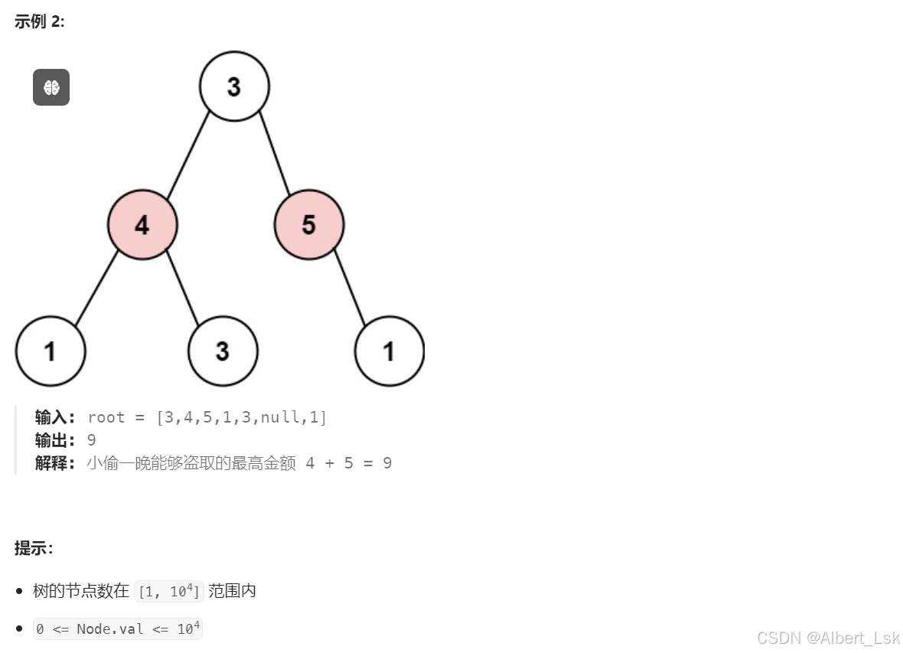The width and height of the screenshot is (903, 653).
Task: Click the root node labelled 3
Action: coord(234,87)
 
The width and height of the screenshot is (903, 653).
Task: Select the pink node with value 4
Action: coord(142,224)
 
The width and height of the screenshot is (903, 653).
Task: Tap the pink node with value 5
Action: coord(308,224)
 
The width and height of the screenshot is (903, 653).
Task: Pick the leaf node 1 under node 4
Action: coord(50,351)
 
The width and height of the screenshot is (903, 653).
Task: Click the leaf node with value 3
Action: coord(222,351)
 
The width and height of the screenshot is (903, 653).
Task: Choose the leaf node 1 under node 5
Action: coord(390,351)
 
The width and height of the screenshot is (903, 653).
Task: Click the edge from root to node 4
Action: coord(188,155)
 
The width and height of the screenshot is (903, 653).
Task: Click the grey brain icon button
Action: coord(51,87)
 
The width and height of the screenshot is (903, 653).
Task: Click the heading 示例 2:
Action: coord(39,22)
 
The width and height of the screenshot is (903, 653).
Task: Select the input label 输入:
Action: coord(54,416)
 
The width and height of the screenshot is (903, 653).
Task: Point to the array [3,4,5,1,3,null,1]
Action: coord(241,416)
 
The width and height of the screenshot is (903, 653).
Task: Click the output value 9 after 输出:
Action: coord(92,440)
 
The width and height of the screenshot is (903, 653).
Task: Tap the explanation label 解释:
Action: coord(54,463)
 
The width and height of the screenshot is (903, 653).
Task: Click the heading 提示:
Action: coord(34,547)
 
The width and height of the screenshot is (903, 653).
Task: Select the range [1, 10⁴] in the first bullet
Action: coord(168,591)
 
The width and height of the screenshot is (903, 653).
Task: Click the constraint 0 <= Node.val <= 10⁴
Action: coord(118,629)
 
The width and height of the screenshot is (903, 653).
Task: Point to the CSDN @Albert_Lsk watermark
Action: coord(828,638)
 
